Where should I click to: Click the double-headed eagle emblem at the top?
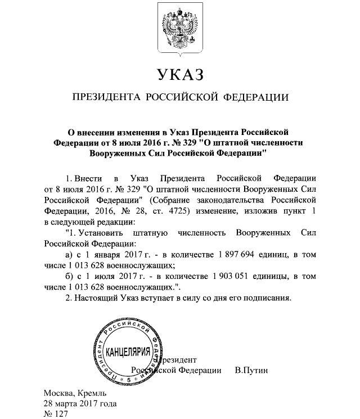(x=179, y=33)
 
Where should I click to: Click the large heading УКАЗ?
(x=179, y=75)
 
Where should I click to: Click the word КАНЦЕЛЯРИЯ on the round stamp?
(x=128, y=353)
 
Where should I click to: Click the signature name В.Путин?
(x=252, y=371)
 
